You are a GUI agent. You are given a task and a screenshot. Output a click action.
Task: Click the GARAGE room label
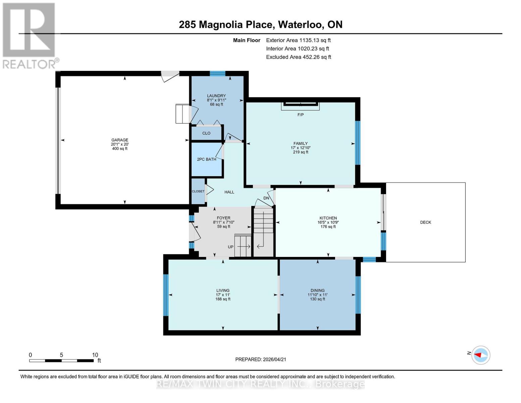click(120, 140)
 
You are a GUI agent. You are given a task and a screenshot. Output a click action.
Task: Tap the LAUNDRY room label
click(216, 96)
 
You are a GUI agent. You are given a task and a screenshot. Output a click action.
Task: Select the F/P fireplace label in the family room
click(301, 115)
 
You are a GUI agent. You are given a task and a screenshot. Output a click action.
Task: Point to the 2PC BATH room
click(206, 159)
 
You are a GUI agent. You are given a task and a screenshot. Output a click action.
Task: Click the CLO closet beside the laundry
click(206, 133)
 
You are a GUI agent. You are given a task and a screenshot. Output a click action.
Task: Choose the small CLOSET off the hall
click(198, 191)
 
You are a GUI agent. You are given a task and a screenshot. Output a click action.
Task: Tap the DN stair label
click(266, 198)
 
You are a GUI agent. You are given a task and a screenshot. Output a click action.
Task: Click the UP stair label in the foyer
click(230, 247)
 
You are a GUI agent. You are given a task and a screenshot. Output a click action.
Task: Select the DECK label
click(425, 222)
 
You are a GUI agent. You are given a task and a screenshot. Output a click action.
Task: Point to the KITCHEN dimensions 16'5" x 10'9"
click(328, 222)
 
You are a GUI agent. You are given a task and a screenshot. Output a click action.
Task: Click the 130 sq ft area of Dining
click(317, 299)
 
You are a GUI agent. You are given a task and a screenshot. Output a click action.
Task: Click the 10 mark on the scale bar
click(95, 355)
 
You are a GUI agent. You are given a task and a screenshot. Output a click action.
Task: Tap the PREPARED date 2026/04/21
click(261, 359)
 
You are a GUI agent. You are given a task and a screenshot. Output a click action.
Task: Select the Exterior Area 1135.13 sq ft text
click(298, 40)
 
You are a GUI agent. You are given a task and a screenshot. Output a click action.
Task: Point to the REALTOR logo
click(30, 35)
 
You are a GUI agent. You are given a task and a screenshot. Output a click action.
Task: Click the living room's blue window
click(166, 295)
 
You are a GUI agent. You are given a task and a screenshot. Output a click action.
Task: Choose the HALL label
click(229, 192)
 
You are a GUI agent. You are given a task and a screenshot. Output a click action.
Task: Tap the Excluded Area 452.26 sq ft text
click(299, 57)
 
